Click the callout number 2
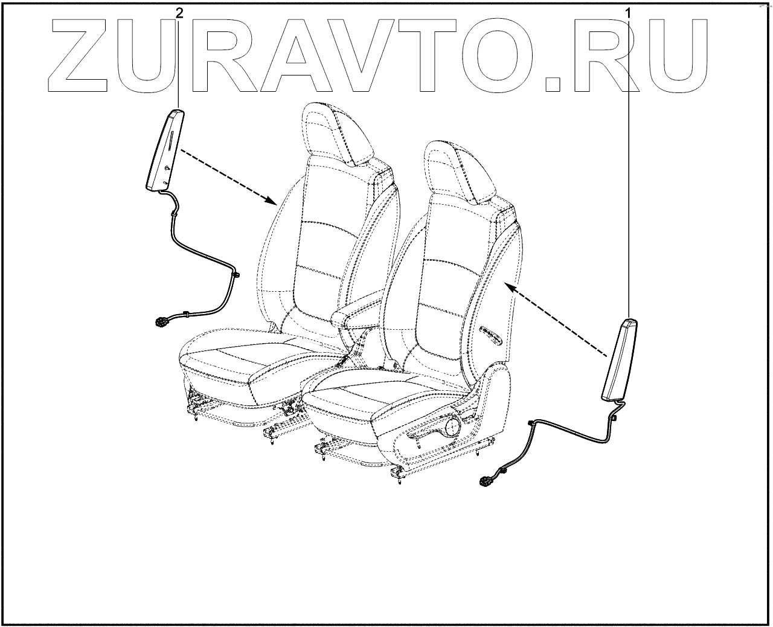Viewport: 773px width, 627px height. [179, 12]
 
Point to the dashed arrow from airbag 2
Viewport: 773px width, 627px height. [229, 175]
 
